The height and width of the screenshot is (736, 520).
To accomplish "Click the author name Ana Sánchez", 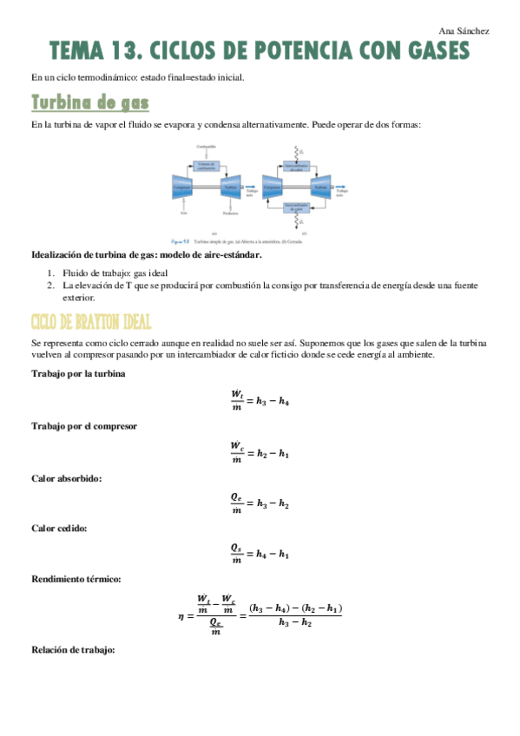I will [x=465, y=31].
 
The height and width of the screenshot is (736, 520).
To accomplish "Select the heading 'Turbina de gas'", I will [x=89, y=103].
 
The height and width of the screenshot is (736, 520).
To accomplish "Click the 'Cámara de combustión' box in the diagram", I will [x=206, y=165].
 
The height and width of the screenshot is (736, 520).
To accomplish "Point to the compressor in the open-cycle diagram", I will [x=182, y=187].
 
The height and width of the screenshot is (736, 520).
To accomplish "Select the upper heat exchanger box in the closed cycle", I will [x=297, y=166].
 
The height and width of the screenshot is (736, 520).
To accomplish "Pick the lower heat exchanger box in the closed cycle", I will [x=297, y=208].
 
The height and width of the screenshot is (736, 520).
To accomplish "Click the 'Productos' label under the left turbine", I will [x=230, y=213].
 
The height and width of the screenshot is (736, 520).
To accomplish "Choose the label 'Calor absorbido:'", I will [x=67, y=477].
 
